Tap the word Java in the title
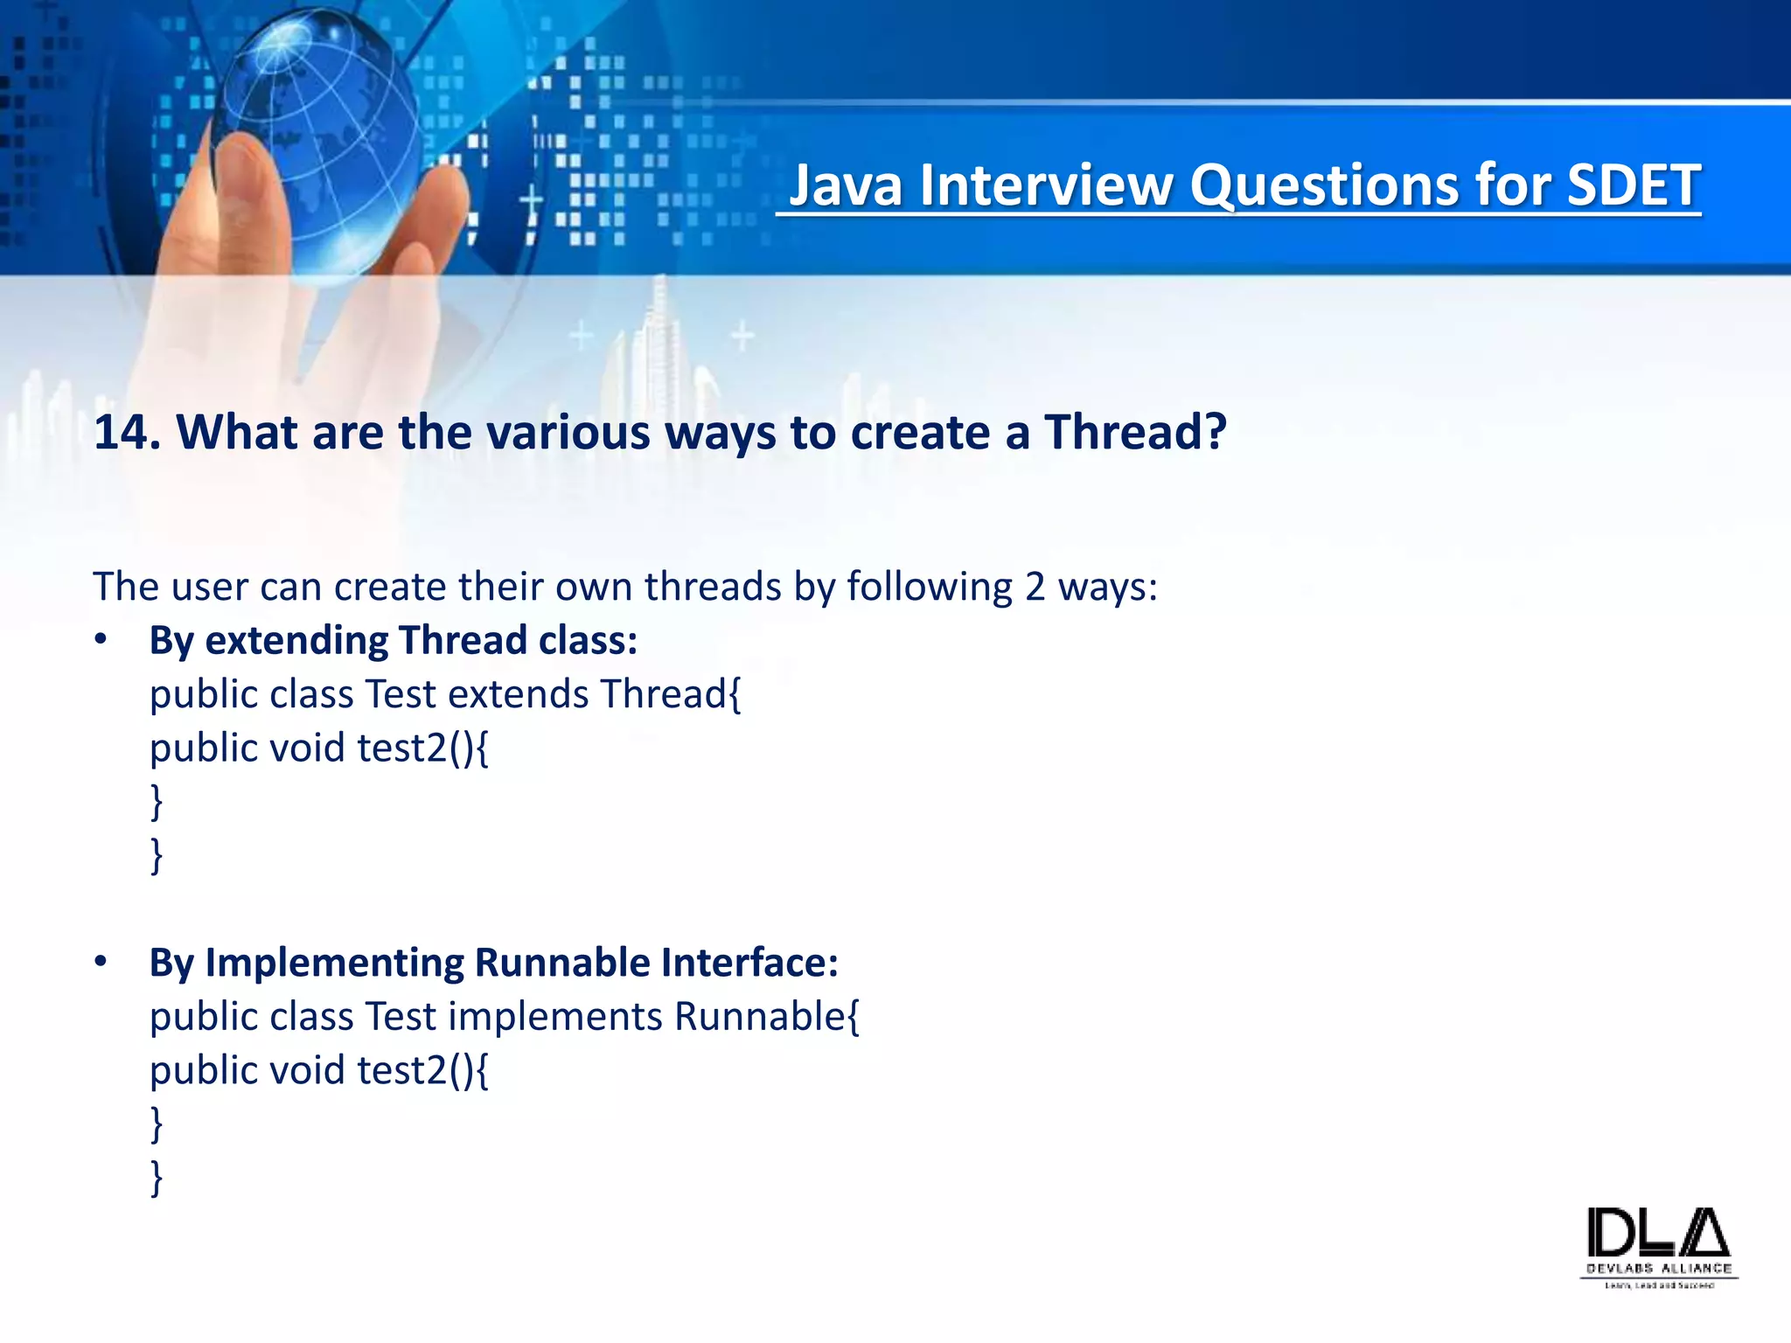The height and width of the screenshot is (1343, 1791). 845,185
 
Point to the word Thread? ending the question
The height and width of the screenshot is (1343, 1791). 1136,432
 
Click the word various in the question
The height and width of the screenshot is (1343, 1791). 568,432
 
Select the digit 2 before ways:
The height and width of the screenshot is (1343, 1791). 1035,587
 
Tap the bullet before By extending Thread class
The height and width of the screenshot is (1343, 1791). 101,640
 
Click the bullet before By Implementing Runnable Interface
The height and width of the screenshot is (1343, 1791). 101,962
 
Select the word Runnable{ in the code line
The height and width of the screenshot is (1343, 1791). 767,1017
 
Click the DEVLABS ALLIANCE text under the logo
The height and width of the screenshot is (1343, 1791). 1659,1268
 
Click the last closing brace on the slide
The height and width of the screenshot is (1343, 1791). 157,1177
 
